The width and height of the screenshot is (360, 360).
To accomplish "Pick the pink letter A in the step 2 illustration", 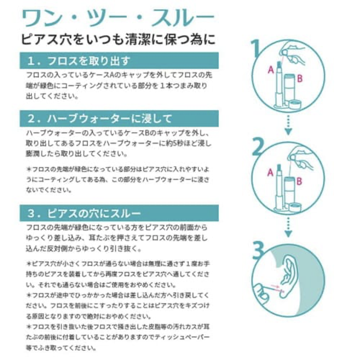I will [x=270, y=173].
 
